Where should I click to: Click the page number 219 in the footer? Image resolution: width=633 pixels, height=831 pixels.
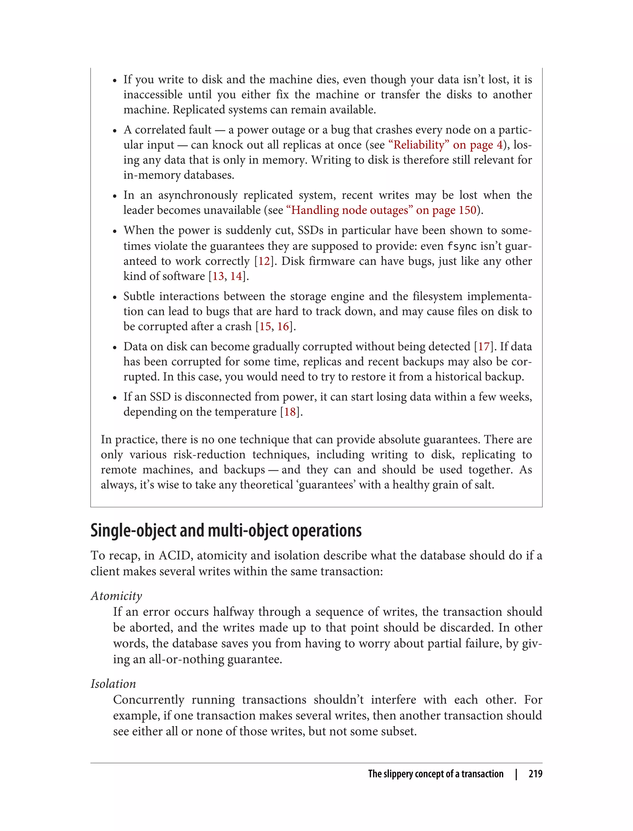click(535, 774)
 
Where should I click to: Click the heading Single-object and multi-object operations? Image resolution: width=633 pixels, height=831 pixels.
click(226, 530)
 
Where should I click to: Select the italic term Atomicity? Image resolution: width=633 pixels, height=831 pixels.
click(116, 596)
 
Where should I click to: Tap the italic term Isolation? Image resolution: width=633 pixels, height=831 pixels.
click(113, 684)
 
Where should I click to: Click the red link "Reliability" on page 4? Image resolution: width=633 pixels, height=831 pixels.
click(445, 145)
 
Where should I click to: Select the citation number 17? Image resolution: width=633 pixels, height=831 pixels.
click(484, 346)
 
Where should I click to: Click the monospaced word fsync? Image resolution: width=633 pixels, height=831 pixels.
click(461, 246)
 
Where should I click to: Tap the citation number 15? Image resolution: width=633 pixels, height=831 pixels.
click(265, 326)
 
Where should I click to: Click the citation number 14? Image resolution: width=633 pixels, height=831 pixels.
click(236, 276)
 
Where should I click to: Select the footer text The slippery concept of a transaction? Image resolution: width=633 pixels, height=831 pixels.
click(435, 774)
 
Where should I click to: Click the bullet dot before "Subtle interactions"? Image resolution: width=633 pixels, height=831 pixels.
click(115, 297)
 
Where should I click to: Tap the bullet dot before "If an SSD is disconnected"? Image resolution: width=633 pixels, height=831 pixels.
click(115, 398)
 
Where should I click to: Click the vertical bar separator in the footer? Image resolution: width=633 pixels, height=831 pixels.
click(516, 774)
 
